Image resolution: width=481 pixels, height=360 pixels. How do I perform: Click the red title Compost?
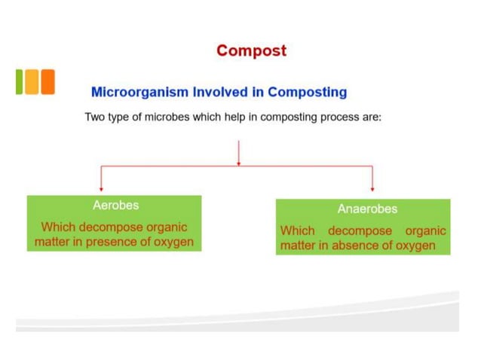(251, 50)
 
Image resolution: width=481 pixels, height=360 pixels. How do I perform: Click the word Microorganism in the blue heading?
(139, 93)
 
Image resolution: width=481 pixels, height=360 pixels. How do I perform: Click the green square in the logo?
(19, 81)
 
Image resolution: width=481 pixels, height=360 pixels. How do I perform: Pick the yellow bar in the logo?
(32, 81)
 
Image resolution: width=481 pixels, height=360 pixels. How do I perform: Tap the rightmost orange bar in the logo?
(47, 81)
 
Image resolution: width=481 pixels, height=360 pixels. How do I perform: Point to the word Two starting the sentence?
(95, 120)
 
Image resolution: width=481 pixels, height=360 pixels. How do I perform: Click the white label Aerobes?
(115, 205)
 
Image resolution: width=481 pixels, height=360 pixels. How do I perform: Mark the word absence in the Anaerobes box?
(360, 246)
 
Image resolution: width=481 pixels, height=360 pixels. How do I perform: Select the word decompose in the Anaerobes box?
(360, 230)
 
